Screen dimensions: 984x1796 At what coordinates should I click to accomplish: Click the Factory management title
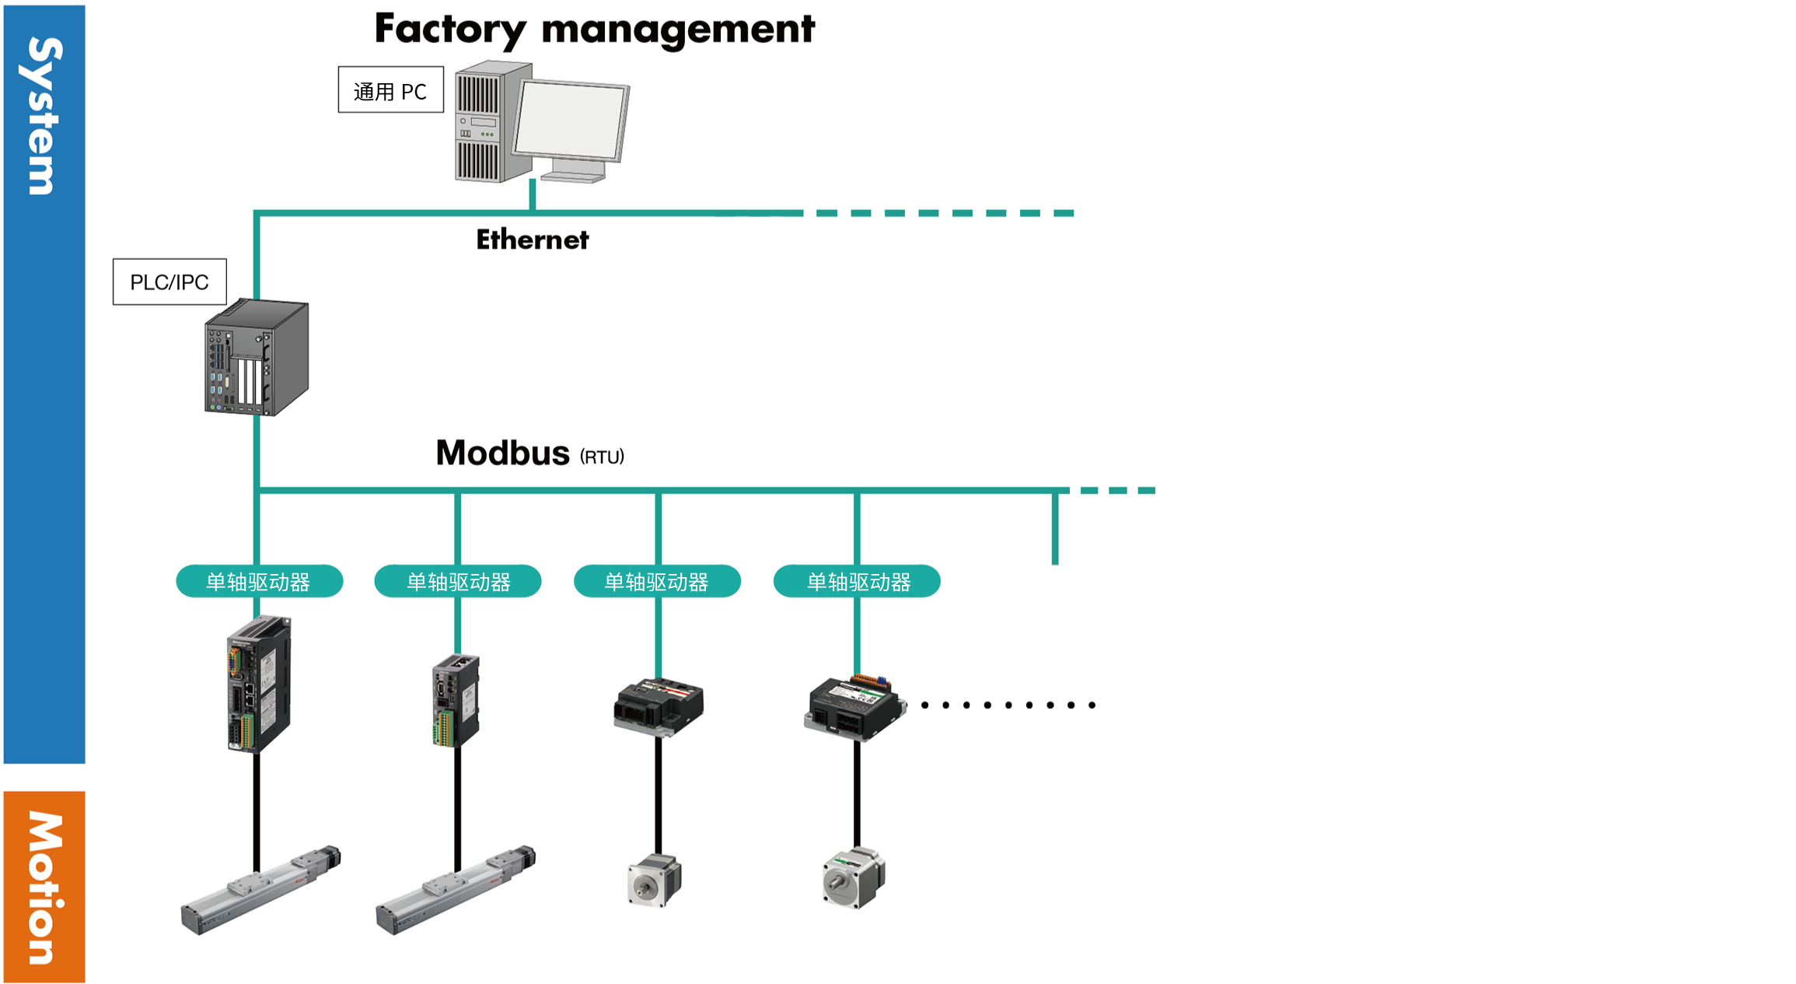594,30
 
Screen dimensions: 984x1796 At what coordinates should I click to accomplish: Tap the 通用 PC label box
390,90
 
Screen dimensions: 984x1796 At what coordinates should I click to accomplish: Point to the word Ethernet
532,240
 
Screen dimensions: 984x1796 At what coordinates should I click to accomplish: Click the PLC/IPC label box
169,282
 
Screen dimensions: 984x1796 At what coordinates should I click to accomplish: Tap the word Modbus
502,453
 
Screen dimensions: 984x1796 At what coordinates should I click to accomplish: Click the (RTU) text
602,457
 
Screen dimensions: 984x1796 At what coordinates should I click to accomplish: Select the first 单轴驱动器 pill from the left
259,581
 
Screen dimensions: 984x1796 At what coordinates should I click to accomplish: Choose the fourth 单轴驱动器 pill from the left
857,581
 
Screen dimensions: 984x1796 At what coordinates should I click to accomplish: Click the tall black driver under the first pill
258,684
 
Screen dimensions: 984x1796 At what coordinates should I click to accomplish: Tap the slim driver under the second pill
456,701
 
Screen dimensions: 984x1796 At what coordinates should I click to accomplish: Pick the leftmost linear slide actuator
260,891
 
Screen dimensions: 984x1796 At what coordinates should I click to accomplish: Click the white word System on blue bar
44,117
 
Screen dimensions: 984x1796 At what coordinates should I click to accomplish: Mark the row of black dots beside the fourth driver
1008,705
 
